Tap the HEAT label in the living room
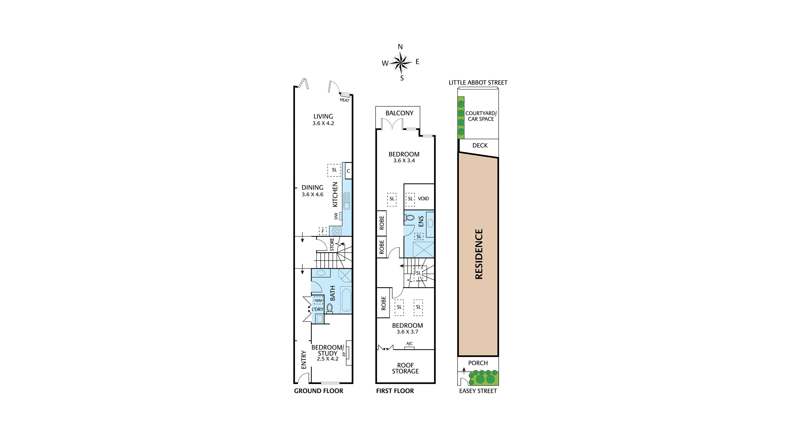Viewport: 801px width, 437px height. tap(344, 100)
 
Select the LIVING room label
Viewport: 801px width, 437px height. tap(323, 116)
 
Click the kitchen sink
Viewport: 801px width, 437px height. tap(347, 201)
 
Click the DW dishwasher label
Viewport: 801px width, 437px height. tap(336, 216)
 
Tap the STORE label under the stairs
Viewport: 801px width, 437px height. tap(332, 245)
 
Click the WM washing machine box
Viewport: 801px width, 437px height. tap(318, 300)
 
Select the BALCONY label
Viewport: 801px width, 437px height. tap(400, 113)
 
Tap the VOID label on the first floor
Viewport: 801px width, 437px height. tap(423, 199)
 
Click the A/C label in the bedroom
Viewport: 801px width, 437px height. tap(410, 344)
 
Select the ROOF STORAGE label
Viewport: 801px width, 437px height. tap(405, 368)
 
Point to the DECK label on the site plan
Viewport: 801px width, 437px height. tap(480, 145)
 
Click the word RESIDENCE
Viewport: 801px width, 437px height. tap(479, 254)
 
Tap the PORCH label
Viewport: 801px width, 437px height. tap(478, 363)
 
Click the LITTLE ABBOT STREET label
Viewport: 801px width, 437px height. tap(478, 82)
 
